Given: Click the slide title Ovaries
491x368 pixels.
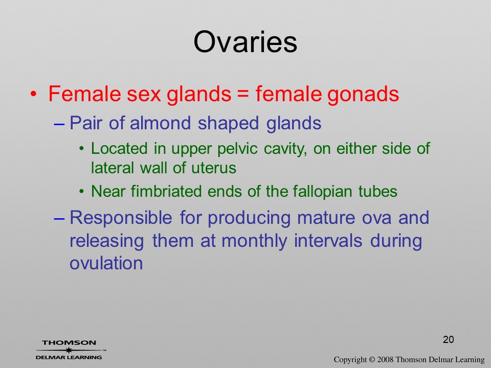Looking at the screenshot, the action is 245,42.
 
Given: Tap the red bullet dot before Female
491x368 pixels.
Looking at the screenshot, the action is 34,94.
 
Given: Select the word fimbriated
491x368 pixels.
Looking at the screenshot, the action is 166,191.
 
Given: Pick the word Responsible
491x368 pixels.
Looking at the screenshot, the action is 121,218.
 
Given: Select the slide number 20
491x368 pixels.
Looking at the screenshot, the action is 448,339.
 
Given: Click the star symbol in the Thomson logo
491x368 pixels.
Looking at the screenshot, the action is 69,350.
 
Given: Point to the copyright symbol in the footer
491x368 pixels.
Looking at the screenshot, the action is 372,360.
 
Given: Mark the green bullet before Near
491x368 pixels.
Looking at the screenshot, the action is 81,191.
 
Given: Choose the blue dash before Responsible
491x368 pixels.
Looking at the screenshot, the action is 59,219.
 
